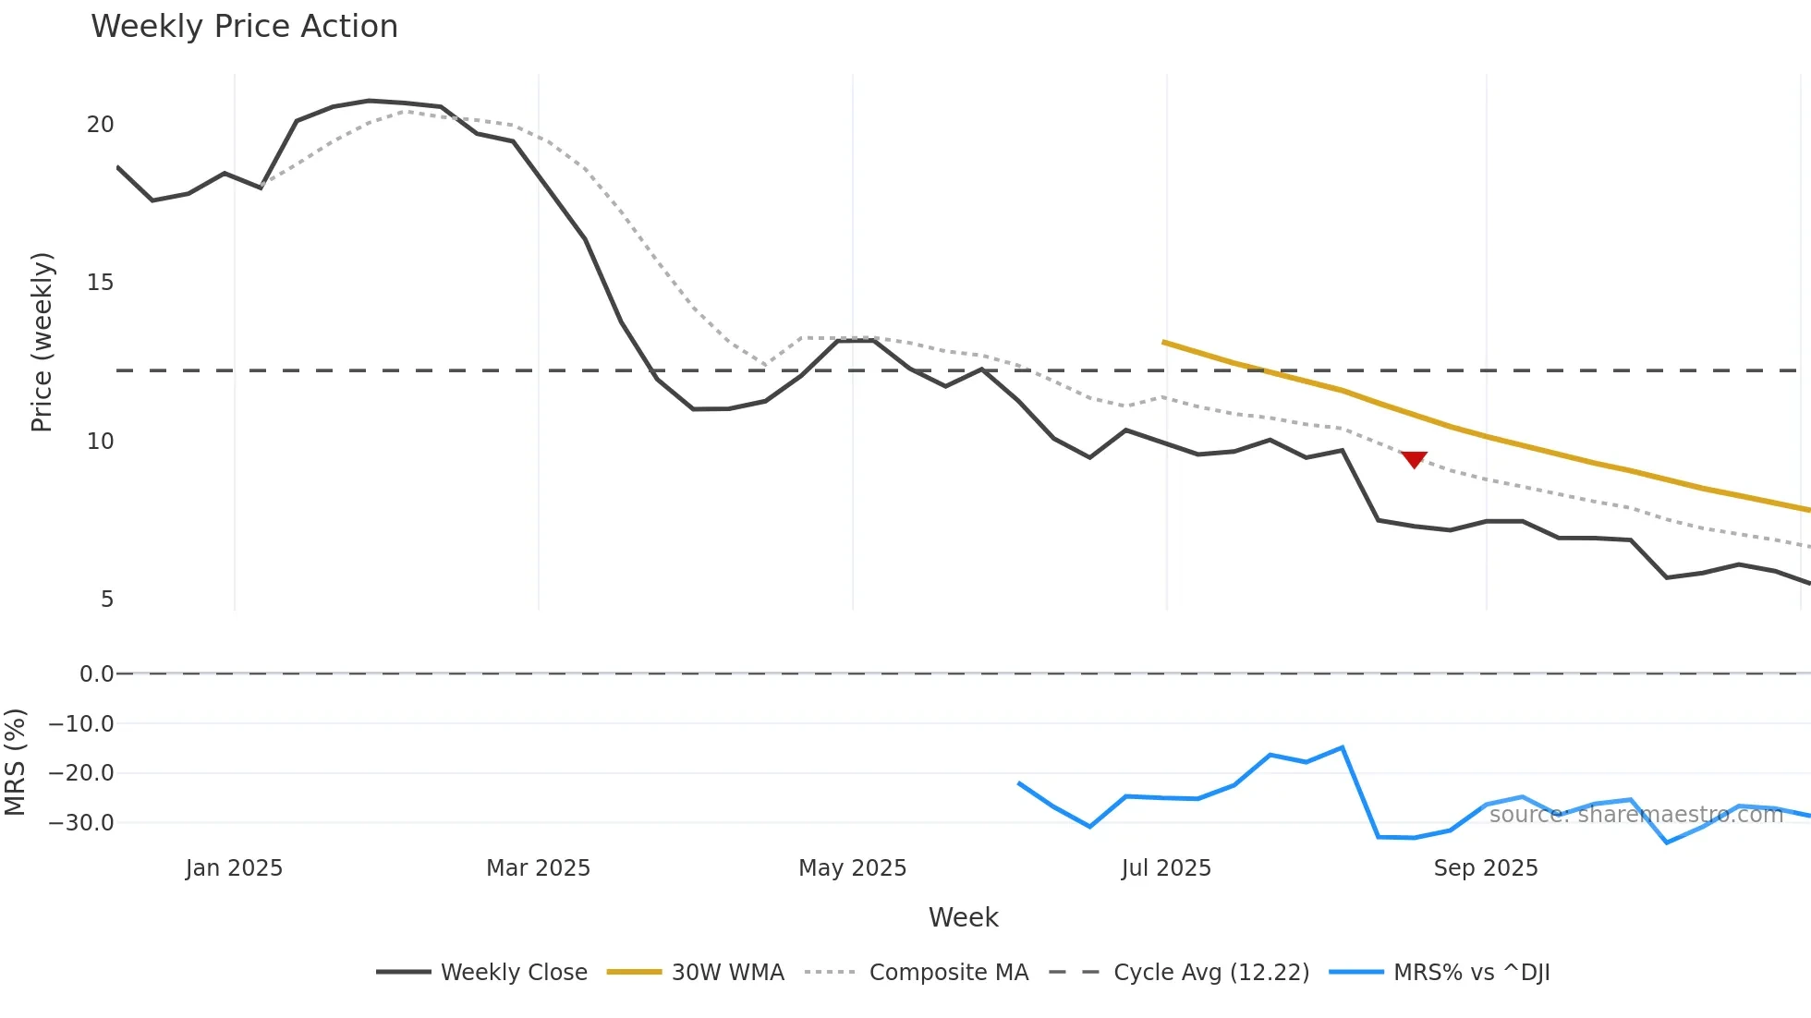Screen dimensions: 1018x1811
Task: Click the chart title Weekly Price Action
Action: pos(244,27)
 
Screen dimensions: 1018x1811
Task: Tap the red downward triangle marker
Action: pos(1414,459)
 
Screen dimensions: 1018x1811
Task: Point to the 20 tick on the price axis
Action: pos(100,125)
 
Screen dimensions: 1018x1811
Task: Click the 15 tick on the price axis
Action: pos(100,283)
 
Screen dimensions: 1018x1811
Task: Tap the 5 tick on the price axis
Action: pos(107,600)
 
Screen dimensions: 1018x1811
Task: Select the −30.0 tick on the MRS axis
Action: pos(81,823)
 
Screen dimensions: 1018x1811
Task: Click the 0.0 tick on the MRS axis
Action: pos(96,674)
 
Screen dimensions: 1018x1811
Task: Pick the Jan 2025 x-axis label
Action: pos(234,868)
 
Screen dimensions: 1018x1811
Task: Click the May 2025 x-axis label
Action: pos(852,868)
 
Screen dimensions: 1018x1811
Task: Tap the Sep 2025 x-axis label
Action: pos(1486,868)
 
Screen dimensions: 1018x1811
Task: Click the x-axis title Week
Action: pos(963,917)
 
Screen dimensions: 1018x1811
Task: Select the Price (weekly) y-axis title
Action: pos(42,342)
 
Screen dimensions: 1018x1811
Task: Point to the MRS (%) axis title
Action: pos(15,762)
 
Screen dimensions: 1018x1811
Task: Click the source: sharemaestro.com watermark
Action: pos(1635,815)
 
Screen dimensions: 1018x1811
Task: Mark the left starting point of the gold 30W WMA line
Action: pos(1164,342)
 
